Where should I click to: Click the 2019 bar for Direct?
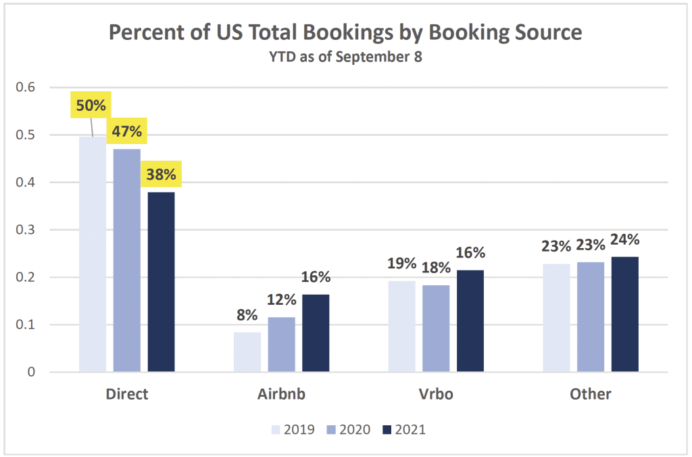(x=93, y=254)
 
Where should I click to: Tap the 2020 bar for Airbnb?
(x=281, y=344)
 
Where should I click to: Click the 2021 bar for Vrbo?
(x=470, y=320)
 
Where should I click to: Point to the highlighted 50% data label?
(x=91, y=106)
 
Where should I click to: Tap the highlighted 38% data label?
(x=161, y=175)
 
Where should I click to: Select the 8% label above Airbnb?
(x=247, y=314)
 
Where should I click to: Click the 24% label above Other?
(x=624, y=240)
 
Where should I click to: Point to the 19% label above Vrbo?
(x=401, y=264)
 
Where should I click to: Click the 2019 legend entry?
(x=293, y=429)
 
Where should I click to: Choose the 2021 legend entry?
(x=403, y=429)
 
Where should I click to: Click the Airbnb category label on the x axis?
(x=281, y=394)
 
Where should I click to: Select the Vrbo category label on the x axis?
(x=436, y=394)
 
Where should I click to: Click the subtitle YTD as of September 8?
(x=345, y=57)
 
